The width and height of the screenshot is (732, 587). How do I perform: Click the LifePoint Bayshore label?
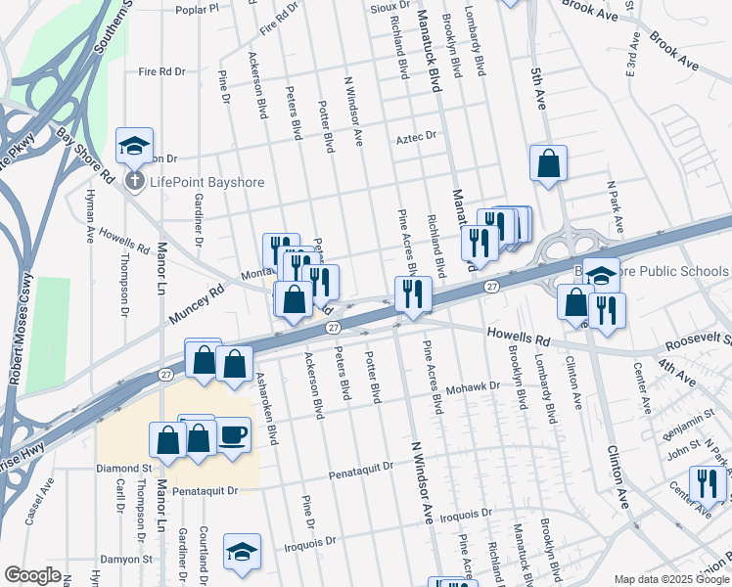point(196,181)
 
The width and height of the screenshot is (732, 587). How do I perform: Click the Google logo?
point(32,575)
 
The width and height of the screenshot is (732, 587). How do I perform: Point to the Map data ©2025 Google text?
point(670,579)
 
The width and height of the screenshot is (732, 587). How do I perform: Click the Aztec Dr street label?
point(415,138)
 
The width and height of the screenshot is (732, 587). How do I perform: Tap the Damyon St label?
point(127,560)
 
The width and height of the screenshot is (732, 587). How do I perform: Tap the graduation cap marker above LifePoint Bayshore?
point(134,147)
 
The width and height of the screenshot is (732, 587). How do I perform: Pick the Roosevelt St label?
point(698,341)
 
